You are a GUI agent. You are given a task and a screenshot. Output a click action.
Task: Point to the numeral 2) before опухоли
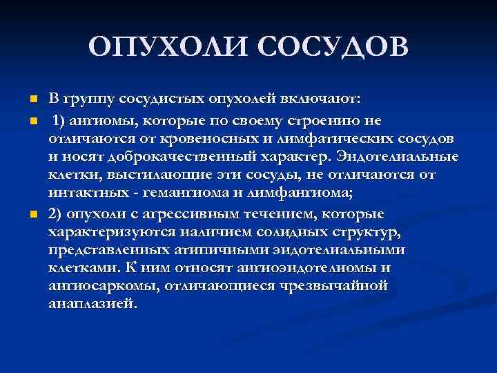click(57, 214)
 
